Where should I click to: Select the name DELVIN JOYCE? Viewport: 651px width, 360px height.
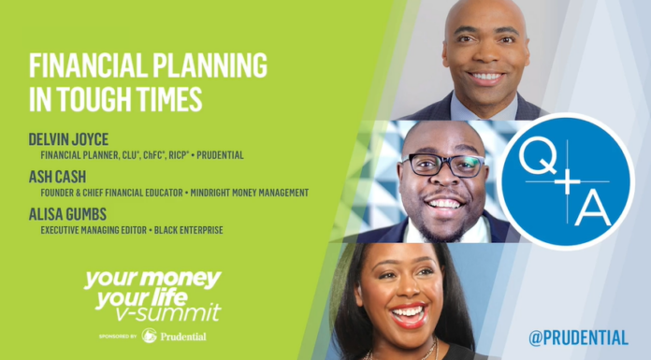(x=70, y=138)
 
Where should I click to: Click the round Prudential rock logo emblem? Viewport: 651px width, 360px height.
(x=149, y=335)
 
